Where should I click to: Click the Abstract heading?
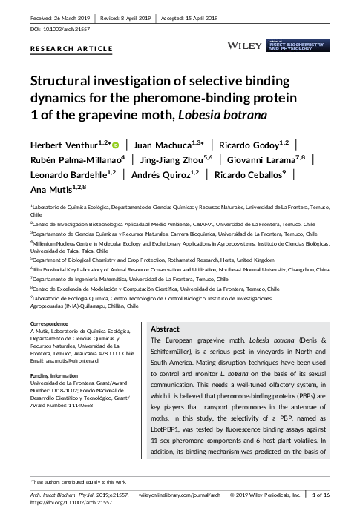pyautogui.click(x=165, y=329)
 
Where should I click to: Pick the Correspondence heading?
pyautogui.click(x=52, y=325)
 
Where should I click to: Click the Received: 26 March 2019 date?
pyautogui.click(x=59, y=16)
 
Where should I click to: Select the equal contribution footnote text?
pyautogui.click(x=79, y=482)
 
